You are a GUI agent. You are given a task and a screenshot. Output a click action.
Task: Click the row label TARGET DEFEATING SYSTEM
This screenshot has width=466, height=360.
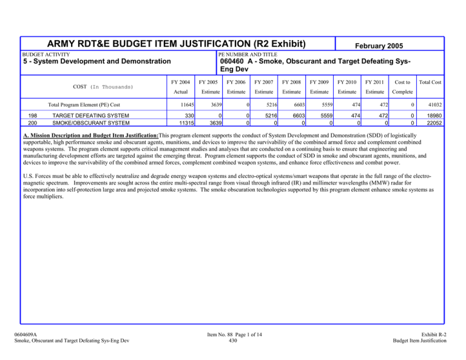click(x=91, y=115)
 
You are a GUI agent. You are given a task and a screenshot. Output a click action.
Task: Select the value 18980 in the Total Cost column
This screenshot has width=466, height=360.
click(x=433, y=115)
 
